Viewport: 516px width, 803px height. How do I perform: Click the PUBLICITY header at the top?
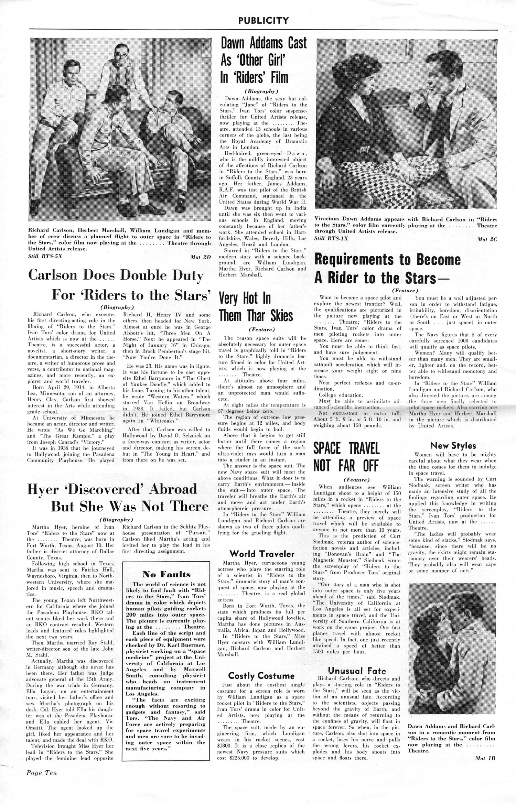click(x=264, y=21)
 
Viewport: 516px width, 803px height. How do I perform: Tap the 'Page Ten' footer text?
click(x=42, y=782)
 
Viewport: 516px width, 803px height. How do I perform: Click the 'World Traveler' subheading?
click(x=262, y=554)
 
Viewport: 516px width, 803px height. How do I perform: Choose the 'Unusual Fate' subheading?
click(x=357, y=671)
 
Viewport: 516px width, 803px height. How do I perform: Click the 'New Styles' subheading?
click(x=453, y=446)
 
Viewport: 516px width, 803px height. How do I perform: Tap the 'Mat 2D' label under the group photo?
click(x=201, y=257)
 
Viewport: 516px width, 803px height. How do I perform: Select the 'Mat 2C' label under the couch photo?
click(x=487, y=239)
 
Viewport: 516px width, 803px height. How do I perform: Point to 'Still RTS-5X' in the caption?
click(x=45, y=256)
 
